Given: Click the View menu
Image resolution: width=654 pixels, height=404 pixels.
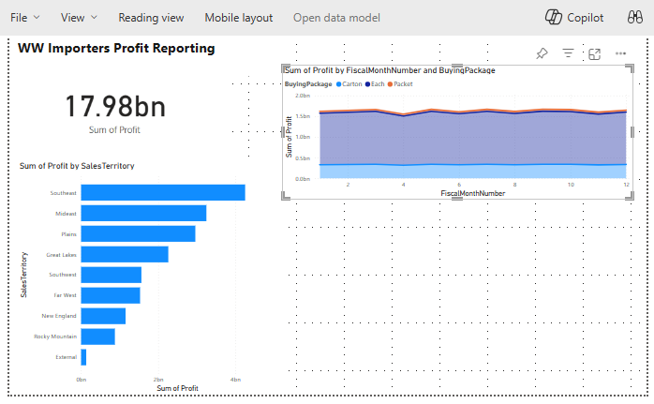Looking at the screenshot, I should click(79, 18).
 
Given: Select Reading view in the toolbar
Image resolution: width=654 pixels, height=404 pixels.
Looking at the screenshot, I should click(151, 18).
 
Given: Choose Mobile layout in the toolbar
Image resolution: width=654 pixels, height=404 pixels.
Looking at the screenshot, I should click(238, 18).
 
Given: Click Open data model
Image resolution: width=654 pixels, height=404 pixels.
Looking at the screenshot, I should click(336, 18).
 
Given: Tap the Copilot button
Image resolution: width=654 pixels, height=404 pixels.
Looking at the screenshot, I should click(575, 18).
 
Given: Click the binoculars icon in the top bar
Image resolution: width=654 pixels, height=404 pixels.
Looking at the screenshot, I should click(633, 18).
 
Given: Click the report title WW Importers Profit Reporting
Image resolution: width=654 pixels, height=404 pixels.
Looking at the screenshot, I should click(116, 48).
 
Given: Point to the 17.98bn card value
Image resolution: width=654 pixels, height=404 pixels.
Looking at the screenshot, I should click(115, 106).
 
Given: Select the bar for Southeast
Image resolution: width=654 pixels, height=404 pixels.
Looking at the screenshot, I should click(162, 192).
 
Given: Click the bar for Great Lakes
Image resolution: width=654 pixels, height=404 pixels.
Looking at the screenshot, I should click(124, 254).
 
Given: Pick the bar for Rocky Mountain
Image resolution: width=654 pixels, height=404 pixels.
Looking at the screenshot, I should click(97, 336).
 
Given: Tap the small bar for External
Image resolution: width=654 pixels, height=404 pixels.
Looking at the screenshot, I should click(83, 357).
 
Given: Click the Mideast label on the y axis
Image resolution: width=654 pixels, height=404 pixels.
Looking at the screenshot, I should click(66, 214).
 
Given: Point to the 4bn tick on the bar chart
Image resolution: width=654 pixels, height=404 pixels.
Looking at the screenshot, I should click(236, 380).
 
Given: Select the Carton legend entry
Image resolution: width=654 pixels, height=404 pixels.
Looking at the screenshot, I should click(349, 84).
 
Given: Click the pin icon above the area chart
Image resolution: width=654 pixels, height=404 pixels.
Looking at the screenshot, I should click(542, 53).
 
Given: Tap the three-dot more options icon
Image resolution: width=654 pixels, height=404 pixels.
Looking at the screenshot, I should click(620, 53).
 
